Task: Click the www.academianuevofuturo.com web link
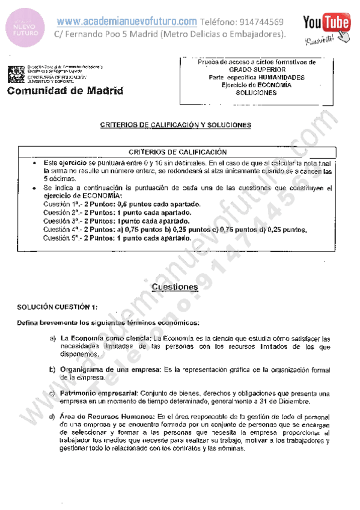point(127,22)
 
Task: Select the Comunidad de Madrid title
point(65,91)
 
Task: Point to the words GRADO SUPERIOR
point(256,70)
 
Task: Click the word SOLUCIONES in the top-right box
point(256,93)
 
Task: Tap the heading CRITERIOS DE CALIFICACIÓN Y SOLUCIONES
point(175,125)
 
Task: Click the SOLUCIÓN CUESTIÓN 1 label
point(57,307)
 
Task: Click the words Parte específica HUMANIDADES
point(256,78)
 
